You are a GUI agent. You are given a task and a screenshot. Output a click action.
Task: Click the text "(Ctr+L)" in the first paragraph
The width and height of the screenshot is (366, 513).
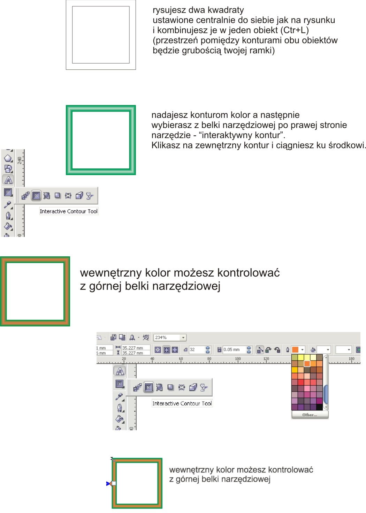tap(296, 30)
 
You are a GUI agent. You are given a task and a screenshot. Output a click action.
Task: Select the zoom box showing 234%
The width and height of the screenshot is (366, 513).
tap(170, 337)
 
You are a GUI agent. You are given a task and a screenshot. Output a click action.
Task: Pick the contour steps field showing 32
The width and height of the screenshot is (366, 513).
tap(197, 349)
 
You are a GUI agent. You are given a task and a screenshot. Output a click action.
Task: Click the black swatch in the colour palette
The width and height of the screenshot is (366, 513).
tap(319, 407)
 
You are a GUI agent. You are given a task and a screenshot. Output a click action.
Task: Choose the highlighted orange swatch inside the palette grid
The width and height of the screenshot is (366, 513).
tap(307, 363)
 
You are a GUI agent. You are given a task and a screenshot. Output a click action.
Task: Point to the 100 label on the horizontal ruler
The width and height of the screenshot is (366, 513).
tap(238, 359)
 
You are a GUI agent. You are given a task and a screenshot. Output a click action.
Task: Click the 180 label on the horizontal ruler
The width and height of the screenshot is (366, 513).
tap(351, 359)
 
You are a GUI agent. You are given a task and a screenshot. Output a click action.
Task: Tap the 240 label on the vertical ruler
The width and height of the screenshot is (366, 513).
tap(20, 160)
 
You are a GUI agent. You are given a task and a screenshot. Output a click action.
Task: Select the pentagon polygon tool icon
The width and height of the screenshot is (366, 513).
tap(8, 158)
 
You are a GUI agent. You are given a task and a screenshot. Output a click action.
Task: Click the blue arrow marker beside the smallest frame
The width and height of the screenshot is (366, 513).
tap(108, 483)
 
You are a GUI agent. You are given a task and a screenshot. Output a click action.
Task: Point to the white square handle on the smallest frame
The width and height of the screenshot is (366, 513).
tap(114, 483)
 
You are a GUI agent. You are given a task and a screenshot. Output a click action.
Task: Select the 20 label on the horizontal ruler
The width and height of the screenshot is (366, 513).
tap(124, 359)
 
